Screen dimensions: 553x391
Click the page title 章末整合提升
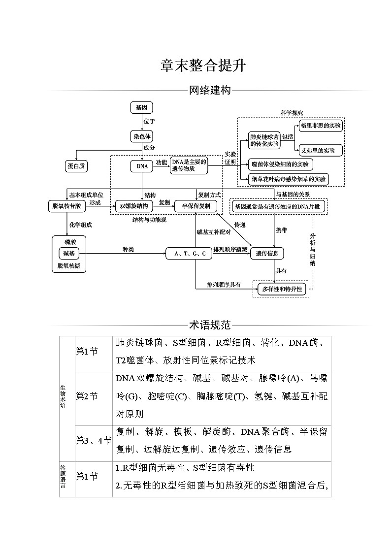pos(195,66)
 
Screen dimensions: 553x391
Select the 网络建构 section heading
pos(210,91)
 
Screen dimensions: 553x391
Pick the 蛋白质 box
pos(76,166)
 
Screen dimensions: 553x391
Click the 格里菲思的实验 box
pos(320,126)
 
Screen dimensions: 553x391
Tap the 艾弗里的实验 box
pos(318,150)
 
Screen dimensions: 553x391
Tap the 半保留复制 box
pos(195,206)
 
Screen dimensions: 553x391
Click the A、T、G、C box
pos(190,254)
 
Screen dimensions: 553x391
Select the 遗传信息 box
pos(267,254)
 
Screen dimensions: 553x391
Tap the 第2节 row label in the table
pos(87,396)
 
